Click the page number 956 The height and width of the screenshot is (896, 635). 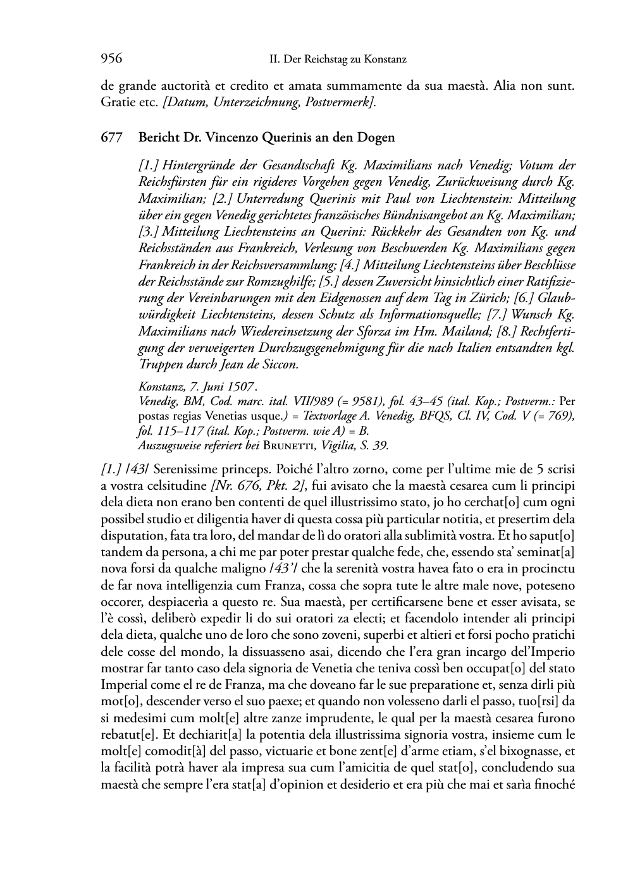pyautogui.click(x=111, y=59)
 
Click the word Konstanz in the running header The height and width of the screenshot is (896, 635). pyautogui.click(x=384, y=60)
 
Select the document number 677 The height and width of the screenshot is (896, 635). pyautogui.click(x=111, y=138)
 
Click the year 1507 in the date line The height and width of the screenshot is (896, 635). pyautogui.click(x=242, y=387)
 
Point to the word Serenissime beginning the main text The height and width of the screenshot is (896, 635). pyautogui.click(x=183, y=469)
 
